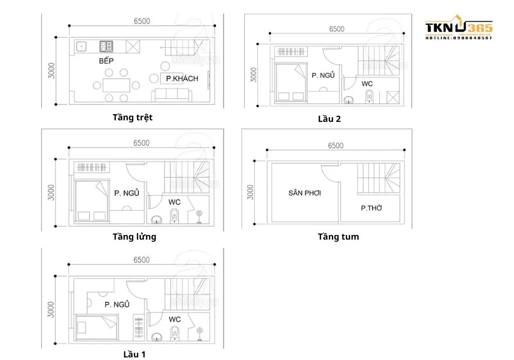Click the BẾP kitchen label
[x=106, y=61]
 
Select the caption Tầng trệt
[x=133, y=117]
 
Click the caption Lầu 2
[x=329, y=119]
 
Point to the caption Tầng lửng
[x=134, y=237]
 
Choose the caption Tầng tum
[x=338, y=237]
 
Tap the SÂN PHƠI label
[x=304, y=193]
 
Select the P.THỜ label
[x=371, y=208]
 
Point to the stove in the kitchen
[x=106, y=46]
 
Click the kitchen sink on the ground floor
[x=82, y=46]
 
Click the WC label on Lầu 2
[x=367, y=83]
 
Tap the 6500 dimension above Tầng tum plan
[x=335, y=146]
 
